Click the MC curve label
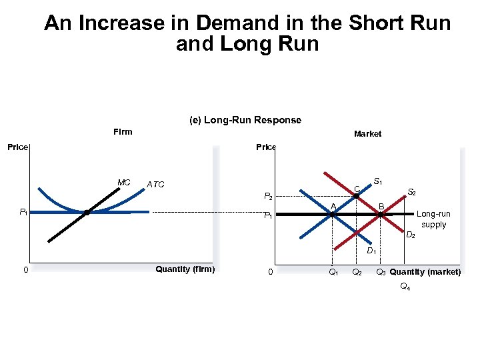point(123,182)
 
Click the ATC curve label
point(155,185)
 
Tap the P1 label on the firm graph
point(23,212)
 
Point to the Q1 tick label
point(333,272)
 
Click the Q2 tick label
point(357,272)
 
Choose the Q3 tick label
point(381,272)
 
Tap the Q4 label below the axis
point(405,287)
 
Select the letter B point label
point(381,206)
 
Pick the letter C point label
point(357,189)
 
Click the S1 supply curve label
point(377,181)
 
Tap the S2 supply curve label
point(412,192)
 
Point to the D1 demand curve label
point(371,251)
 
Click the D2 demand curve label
point(411,235)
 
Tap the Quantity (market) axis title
point(425,272)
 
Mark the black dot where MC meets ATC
point(87,213)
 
